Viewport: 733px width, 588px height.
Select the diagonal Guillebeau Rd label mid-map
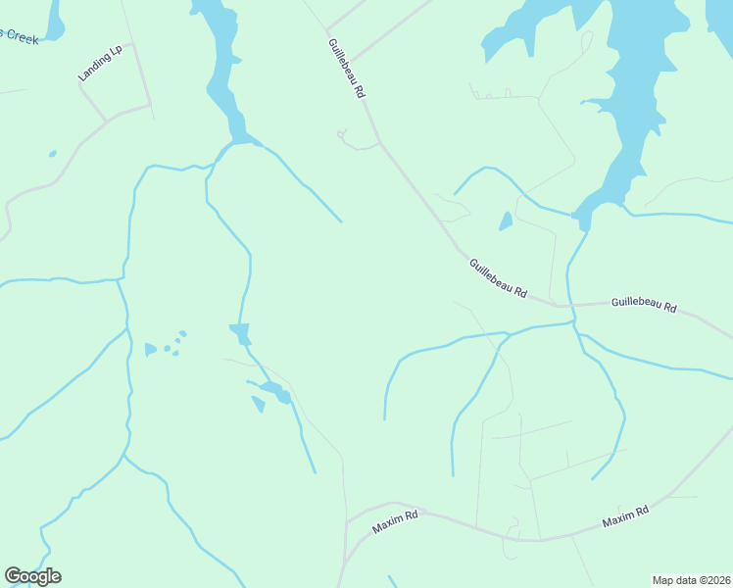[x=498, y=278]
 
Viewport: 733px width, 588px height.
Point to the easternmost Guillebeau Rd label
[x=644, y=306]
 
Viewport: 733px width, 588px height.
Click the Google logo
[x=32, y=576]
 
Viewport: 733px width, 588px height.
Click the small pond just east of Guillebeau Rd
[x=506, y=221]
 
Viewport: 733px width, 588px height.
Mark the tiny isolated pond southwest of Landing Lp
[x=52, y=154]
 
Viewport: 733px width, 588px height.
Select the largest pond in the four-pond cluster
[x=150, y=349]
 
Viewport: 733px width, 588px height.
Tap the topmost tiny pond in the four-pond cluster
[x=182, y=334]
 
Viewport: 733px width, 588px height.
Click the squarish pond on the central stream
[x=240, y=333]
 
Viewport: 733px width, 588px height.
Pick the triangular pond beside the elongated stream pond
[x=259, y=404]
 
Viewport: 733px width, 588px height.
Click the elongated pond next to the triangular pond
[x=275, y=393]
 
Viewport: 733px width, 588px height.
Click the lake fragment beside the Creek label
[x=53, y=20]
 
